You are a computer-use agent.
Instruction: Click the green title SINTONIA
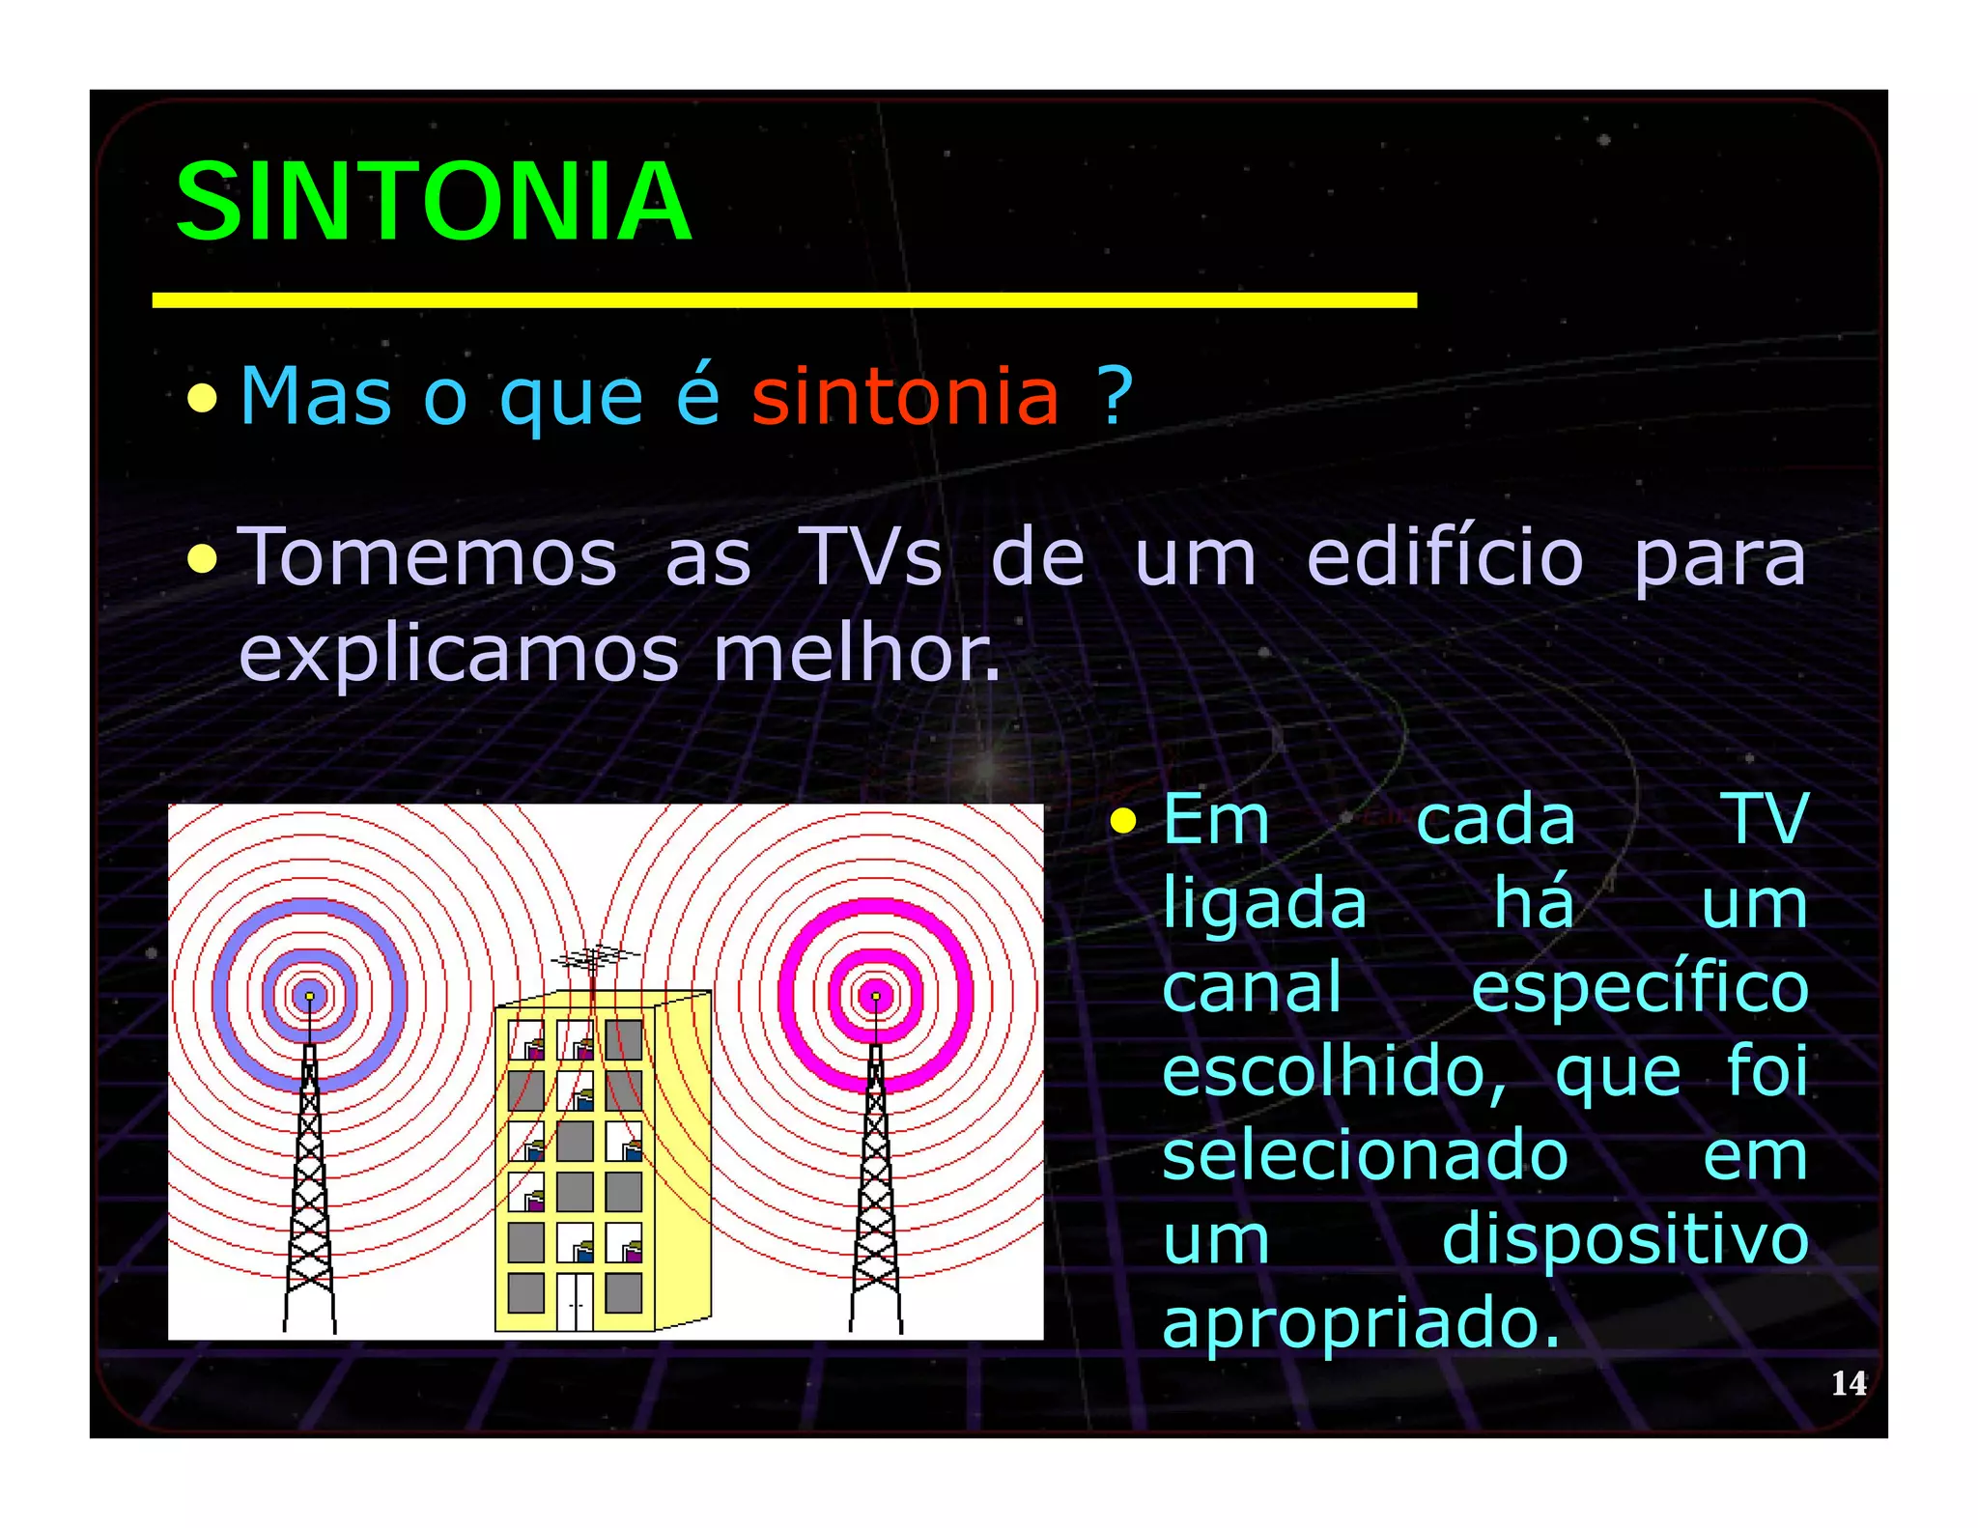pos(433,202)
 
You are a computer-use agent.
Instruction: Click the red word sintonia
pos(905,396)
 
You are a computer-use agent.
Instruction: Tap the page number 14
pos(1848,1383)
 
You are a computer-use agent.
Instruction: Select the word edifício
pos(1445,558)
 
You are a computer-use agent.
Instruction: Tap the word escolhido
pos(1333,1073)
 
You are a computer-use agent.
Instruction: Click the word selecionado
pos(1365,1156)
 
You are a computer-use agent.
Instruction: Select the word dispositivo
pos(1625,1240)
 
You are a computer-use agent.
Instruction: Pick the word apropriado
pos(1360,1323)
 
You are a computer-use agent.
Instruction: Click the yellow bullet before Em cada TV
pos(1122,822)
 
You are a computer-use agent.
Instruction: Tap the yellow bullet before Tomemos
pos(202,558)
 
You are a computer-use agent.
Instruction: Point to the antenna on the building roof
pos(593,961)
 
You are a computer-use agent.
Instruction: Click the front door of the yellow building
pos(575,1302)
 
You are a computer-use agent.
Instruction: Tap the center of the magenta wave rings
pos(876,996)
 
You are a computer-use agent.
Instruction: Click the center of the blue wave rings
pos(309,996)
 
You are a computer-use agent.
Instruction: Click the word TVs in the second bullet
pos(871,558)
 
